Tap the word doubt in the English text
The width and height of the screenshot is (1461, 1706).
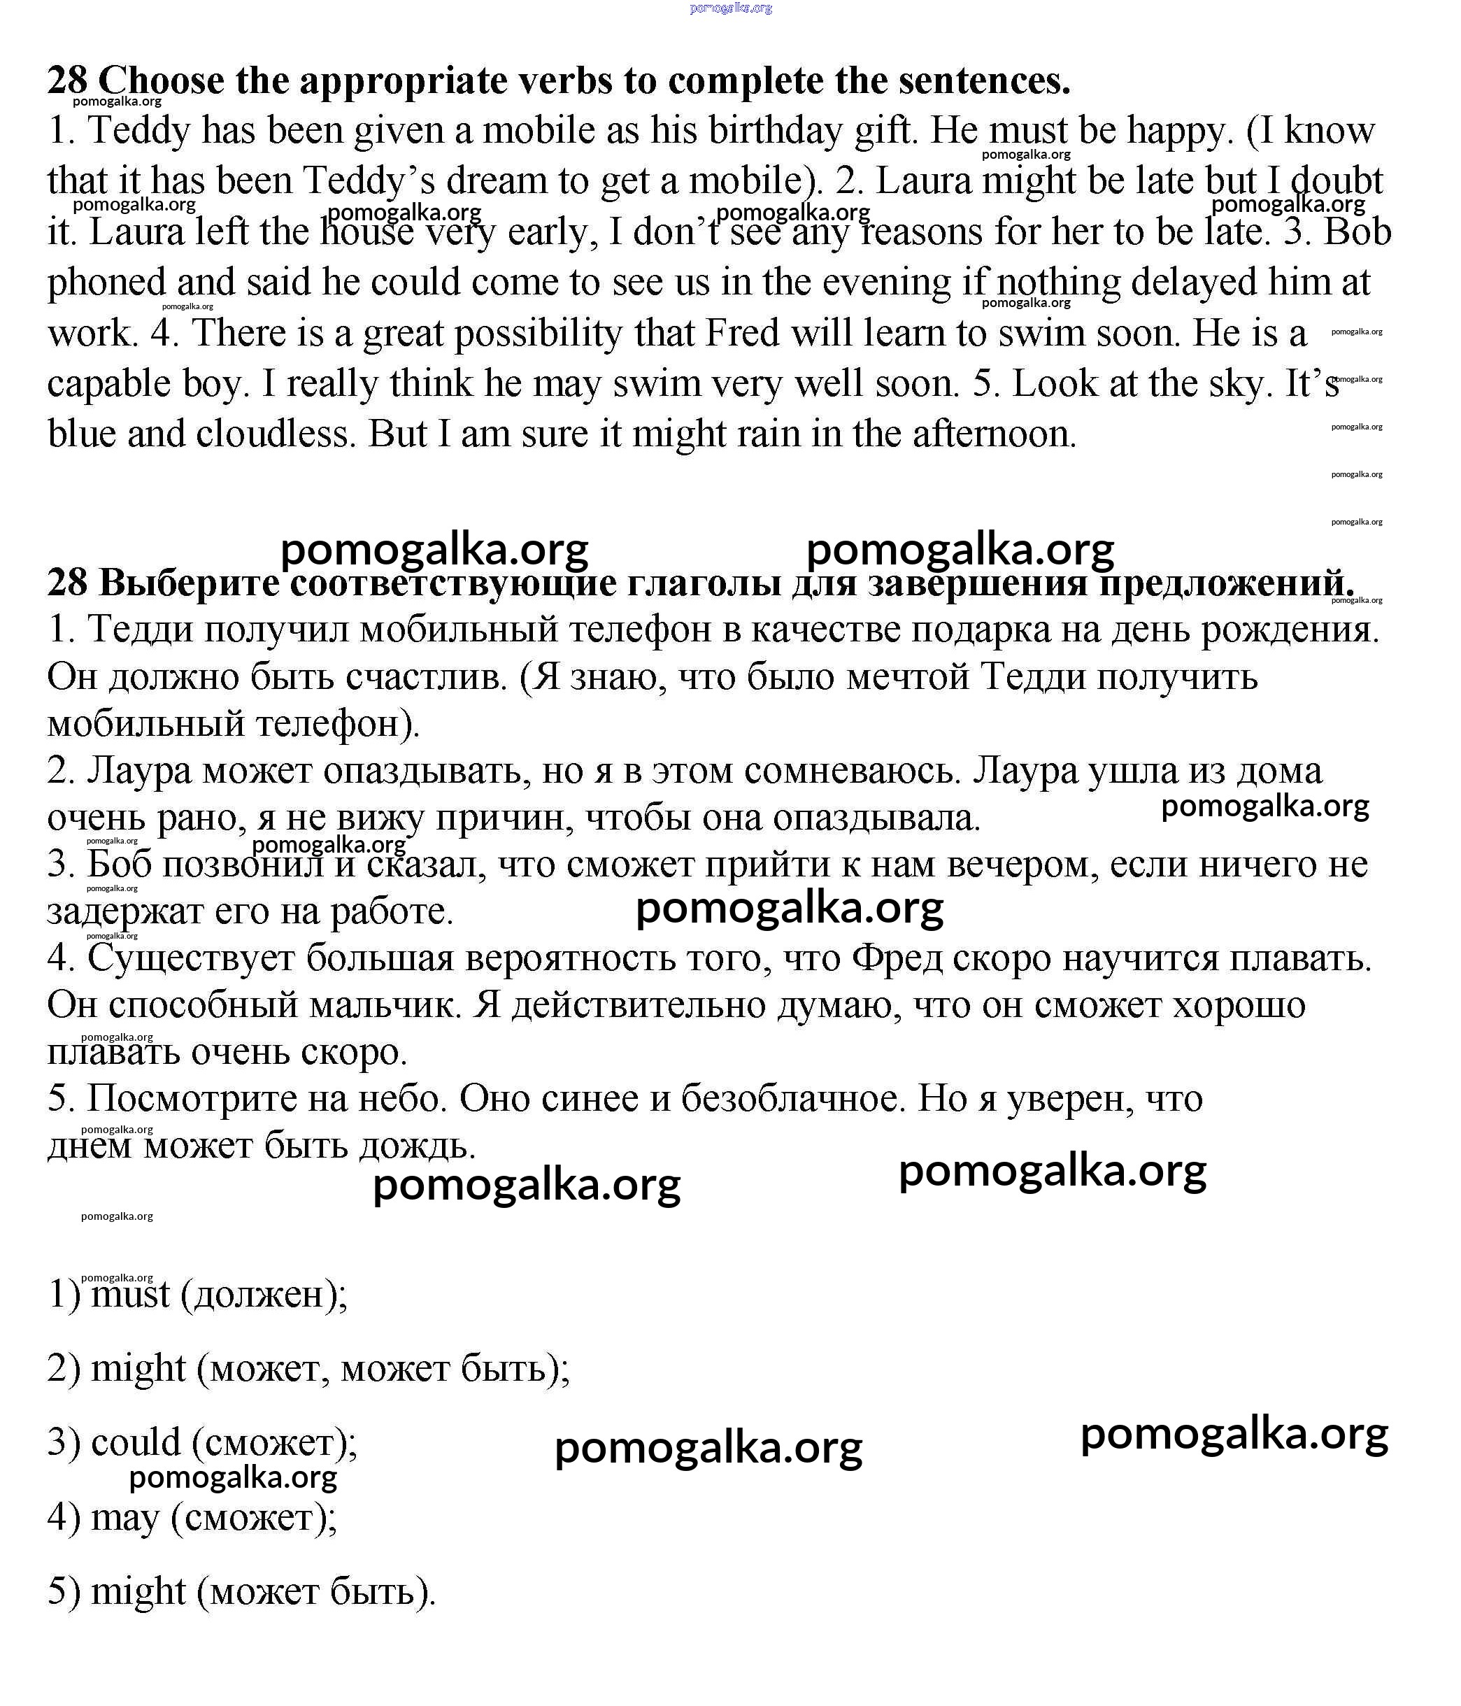point(1337,181)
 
